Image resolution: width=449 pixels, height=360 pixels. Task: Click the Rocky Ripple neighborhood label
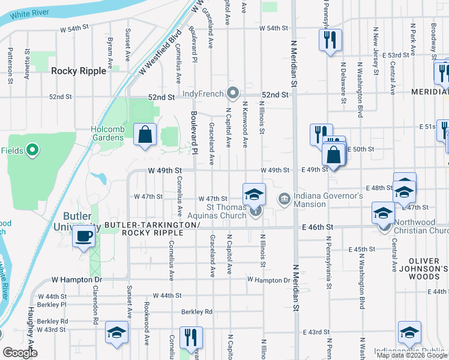[x=79, y=71]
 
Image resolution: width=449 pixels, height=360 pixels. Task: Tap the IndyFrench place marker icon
[x=234, y=93]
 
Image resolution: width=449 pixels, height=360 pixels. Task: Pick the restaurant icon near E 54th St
[x=330, y=40]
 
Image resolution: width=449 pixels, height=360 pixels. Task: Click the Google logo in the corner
[x=20, y=353]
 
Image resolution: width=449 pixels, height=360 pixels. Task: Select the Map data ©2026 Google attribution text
[x=412, y=355]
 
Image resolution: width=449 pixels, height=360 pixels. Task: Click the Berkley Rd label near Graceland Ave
[x=197, y=311]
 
